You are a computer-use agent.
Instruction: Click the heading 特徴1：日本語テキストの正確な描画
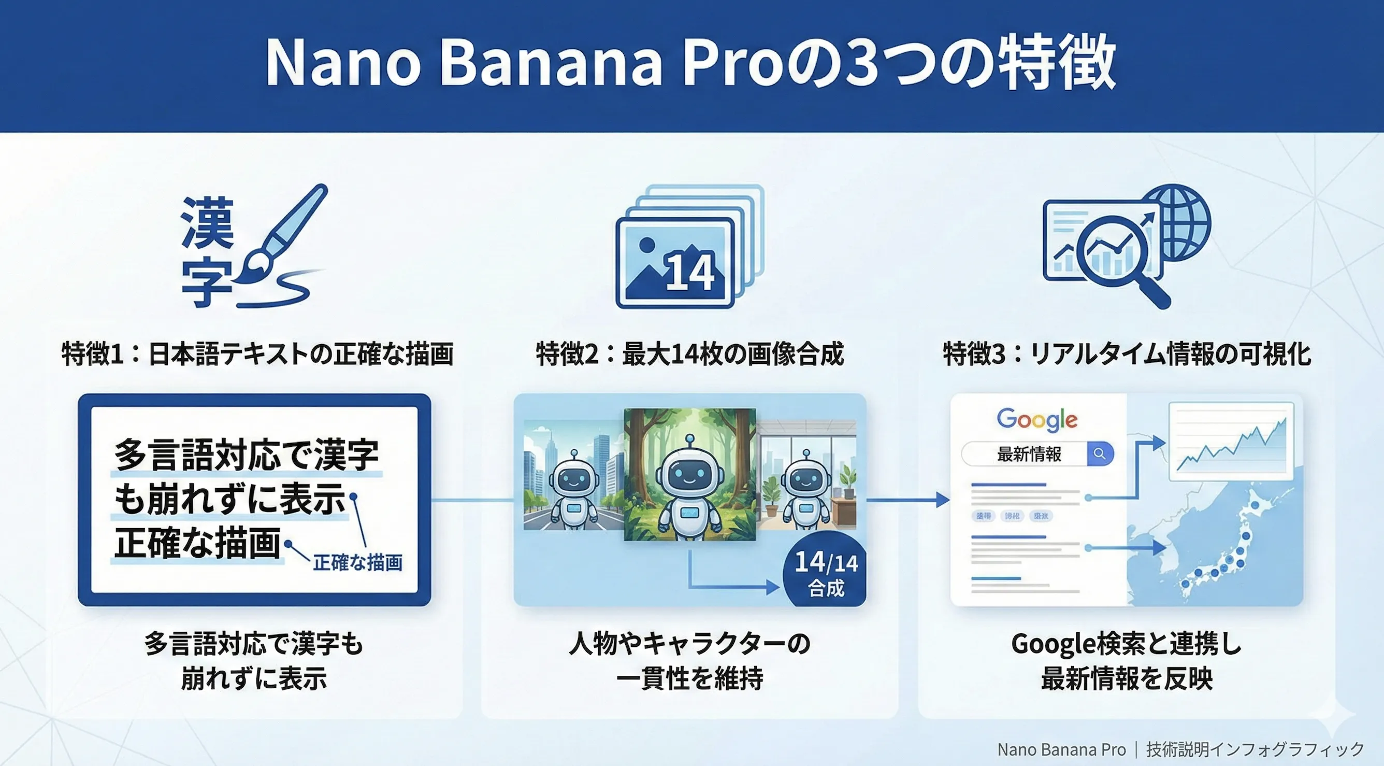(x=257, y=353)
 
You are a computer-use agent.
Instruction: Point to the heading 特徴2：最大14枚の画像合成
(x=690, y=353)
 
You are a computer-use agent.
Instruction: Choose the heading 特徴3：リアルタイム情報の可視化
(x=1127, y=353)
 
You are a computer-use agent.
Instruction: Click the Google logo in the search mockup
(x=1037, y=419)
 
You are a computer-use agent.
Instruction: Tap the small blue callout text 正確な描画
(x=357, y=563)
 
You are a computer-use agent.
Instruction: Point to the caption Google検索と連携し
(x=1126, y=644)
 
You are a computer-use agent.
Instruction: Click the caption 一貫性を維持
(x=690, y=678)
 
